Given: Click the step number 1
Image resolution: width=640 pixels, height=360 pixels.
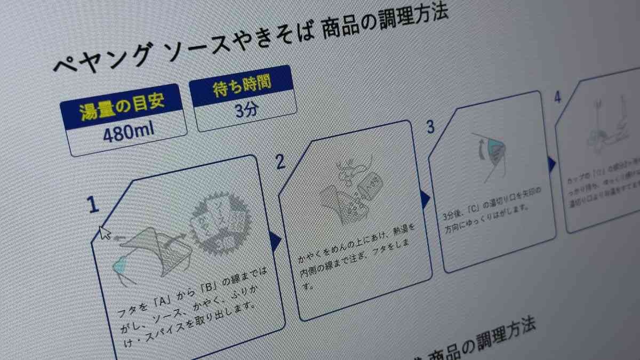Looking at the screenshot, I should pos(94,205).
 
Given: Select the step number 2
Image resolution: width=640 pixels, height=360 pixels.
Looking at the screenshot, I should pos(281,162).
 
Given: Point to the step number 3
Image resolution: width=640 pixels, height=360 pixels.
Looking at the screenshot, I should pos(430,127).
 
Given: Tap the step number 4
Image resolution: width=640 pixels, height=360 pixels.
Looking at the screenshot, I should pos(557,98).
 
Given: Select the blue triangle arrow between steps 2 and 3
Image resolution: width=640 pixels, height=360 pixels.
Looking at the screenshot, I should pos(425,198).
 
